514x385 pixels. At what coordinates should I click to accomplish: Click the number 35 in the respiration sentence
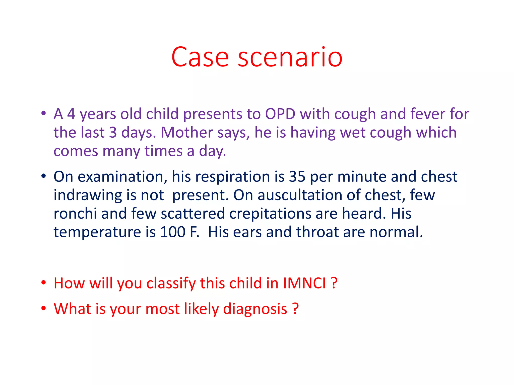click(297, 176)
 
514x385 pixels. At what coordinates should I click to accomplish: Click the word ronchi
click(75, 214)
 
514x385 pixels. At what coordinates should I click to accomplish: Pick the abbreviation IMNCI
click(304, 283)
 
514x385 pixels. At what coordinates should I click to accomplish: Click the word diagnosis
click(255, 309)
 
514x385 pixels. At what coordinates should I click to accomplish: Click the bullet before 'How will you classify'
click(44, 283)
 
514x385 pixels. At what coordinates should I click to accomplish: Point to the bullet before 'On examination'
click(44, 176)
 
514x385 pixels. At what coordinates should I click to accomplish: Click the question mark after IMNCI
click(334, 283)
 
